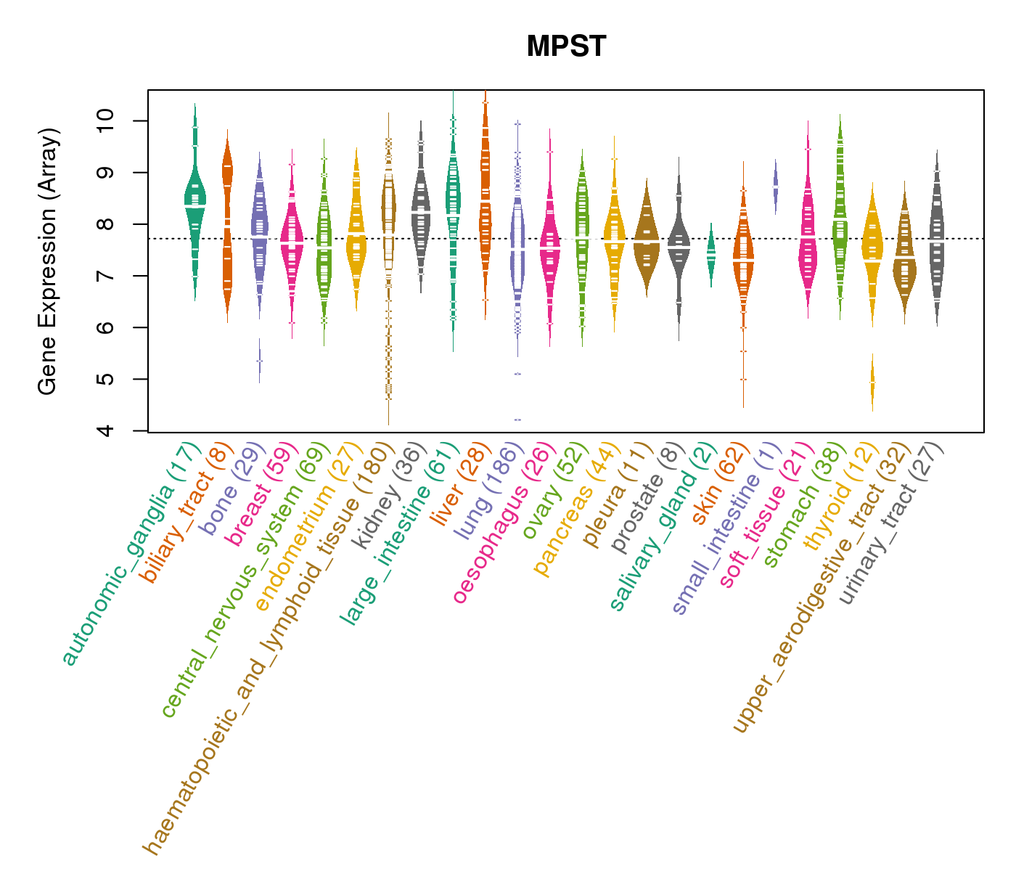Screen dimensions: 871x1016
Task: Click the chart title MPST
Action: click(566, 46)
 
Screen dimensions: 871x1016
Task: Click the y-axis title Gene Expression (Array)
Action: click(48, 261)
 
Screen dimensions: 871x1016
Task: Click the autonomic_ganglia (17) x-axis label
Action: click(131, 555)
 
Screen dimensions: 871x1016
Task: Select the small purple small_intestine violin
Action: click(776, 187)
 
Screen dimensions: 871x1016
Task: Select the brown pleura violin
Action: click(646, 240)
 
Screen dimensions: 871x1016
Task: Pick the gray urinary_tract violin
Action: click(937, 240)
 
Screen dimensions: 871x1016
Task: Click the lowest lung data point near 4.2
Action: click(517, 420)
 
